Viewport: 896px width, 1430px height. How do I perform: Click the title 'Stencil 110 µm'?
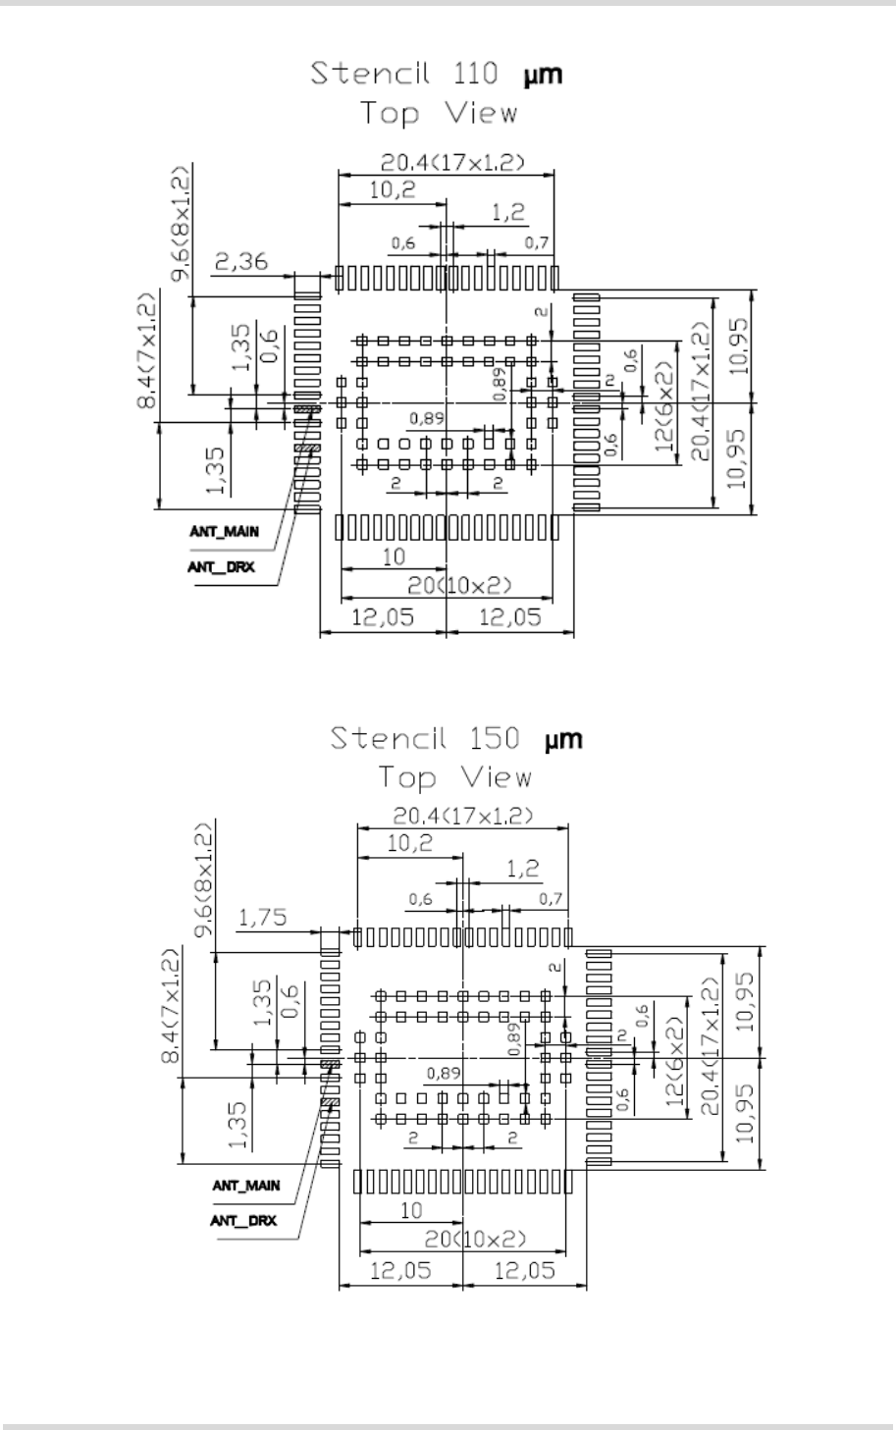click(437, 75)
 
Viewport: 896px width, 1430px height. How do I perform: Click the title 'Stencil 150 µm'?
click(455, 738)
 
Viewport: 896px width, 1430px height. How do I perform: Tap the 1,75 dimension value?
click(264, 918)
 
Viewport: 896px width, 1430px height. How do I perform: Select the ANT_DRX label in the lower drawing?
click(243, 1221)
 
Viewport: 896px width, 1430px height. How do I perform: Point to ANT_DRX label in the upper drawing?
click(221, 567)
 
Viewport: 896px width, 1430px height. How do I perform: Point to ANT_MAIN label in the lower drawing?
click(246, 1186)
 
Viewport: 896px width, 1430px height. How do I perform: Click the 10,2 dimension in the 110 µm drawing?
click(392, 190)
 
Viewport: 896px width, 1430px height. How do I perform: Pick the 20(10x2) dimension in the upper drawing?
click(459, 586)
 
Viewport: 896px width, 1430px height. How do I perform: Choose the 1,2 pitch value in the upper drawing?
click(507, 212)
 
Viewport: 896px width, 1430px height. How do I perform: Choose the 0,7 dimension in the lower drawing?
click(551, 899)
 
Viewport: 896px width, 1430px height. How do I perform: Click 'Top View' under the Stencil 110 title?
click(438, 113)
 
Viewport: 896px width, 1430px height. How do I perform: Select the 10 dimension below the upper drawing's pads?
click(393, 556)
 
